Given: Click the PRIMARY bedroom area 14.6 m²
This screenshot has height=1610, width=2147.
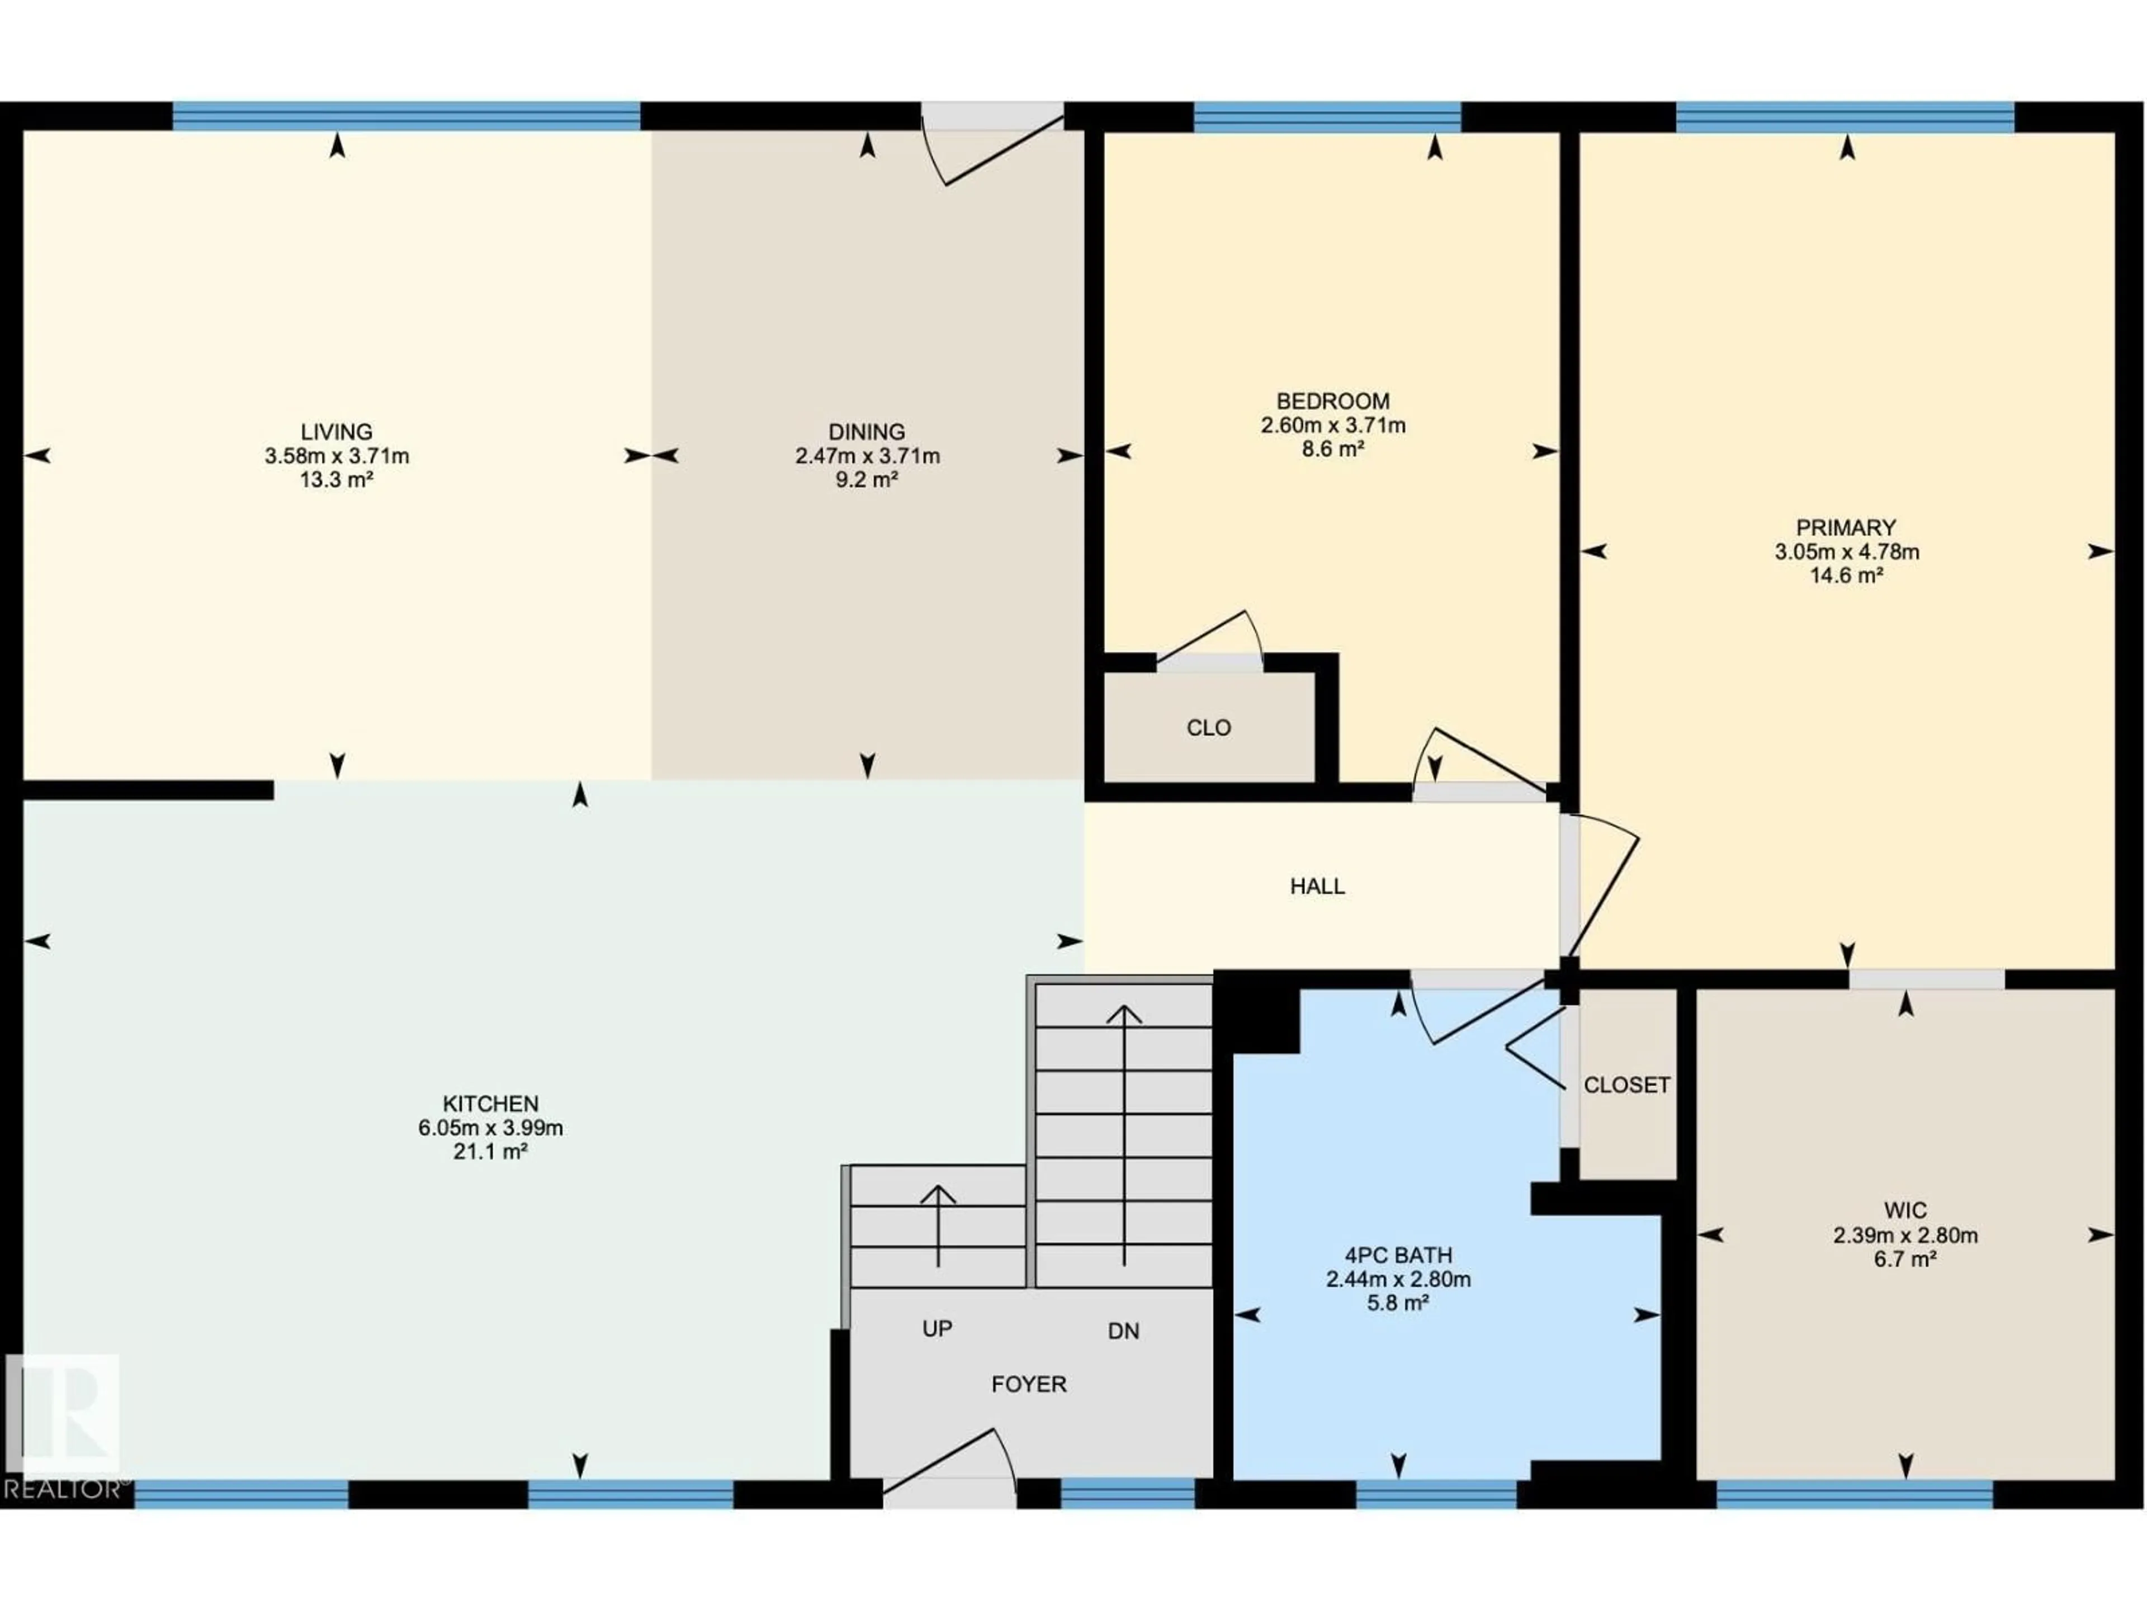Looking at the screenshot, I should (1846, 575).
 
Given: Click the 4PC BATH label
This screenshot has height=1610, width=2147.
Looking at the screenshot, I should (1398, 1255).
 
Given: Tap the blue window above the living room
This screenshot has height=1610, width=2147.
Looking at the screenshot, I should (406, 116).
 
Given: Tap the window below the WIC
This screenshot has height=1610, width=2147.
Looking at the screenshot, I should (1854, 1494).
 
